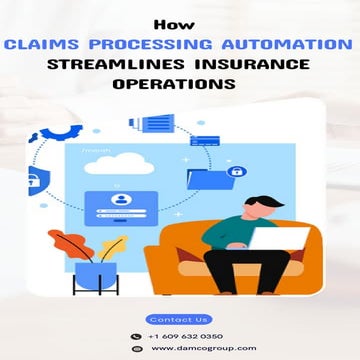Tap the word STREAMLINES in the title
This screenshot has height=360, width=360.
(113, 65)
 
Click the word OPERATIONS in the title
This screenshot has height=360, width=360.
(180, 85)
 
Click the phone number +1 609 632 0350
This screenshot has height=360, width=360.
(188, 337)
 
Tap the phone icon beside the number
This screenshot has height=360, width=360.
(136, 337)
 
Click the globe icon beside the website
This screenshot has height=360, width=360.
(136, 349)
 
